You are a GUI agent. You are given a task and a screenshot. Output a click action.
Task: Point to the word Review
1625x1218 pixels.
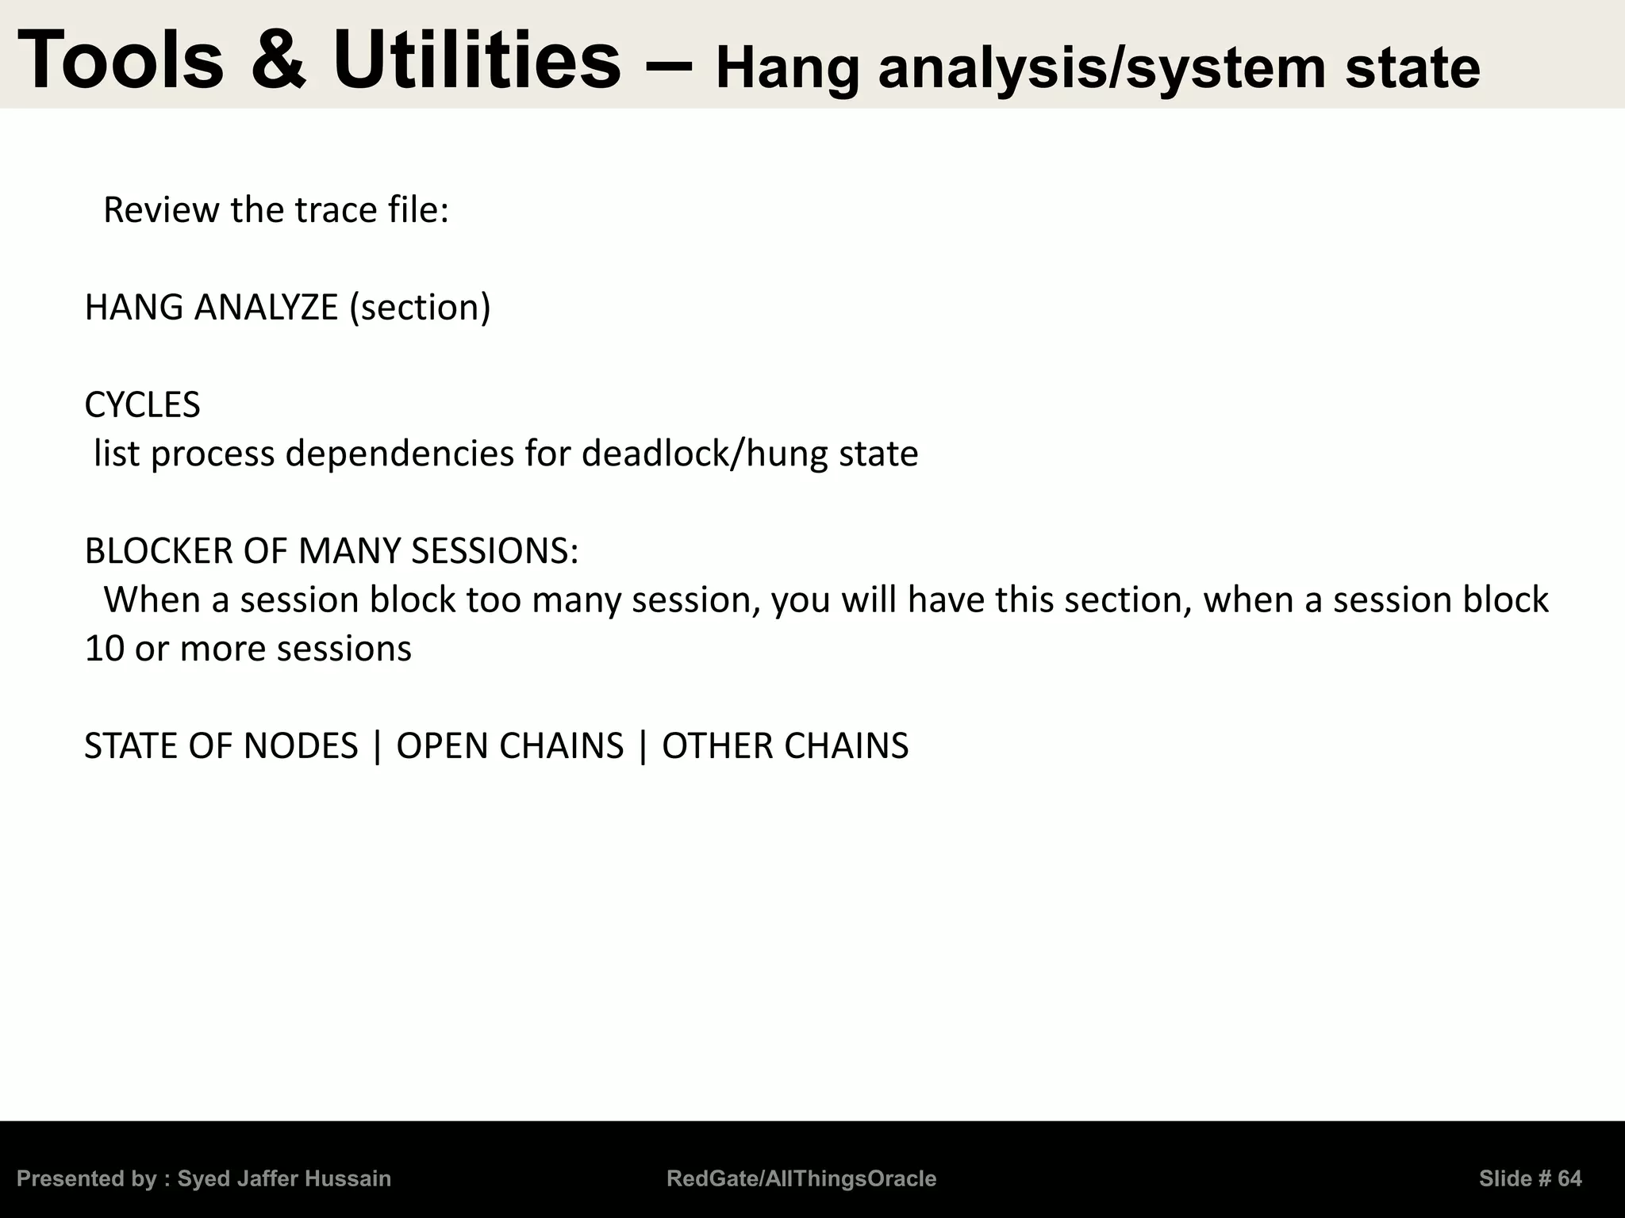point(161,210)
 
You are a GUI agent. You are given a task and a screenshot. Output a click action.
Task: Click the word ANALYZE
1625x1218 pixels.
point(266,308)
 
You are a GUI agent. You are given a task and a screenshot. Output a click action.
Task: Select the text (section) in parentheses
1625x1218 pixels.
point(420,308)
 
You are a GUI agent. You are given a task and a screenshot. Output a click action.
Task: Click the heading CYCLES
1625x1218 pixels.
point(142,405)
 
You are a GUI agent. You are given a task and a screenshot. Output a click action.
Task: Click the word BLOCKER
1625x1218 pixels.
point(159,551)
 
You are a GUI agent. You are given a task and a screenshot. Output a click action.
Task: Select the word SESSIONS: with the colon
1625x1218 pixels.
point(494,551)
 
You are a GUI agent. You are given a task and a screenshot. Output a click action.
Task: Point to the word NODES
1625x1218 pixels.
point(301,746)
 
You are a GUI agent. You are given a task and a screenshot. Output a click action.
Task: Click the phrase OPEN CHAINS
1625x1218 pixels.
point(510,746)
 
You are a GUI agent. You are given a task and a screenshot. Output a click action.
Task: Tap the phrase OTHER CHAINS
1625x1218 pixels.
point(785,746)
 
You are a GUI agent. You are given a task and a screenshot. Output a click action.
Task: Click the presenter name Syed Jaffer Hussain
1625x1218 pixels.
point(284,1178)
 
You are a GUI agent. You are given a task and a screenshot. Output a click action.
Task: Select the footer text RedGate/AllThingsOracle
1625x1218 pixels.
point(801,1178)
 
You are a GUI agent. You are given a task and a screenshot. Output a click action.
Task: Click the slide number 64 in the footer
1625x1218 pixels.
point(1569,1178)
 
